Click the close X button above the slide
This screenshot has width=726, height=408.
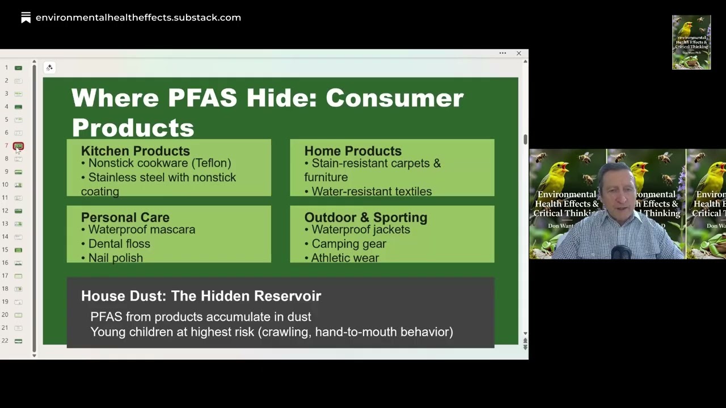518,53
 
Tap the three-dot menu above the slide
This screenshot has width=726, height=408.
503,53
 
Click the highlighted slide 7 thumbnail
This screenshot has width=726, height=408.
18,146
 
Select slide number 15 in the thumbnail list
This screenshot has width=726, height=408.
18,250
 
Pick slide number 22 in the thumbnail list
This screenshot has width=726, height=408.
18,341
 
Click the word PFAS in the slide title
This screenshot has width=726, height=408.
202,98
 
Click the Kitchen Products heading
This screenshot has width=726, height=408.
135,151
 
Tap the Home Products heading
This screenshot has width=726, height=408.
352,151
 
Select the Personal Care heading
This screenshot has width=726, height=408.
125,217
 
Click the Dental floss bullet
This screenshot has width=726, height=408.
119,244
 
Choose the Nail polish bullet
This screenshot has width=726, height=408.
115,258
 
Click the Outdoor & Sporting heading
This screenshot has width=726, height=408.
365,217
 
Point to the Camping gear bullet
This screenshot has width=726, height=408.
348,244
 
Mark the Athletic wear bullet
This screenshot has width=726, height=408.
345,258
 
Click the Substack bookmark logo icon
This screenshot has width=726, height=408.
26,18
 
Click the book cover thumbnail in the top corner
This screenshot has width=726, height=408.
691,42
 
